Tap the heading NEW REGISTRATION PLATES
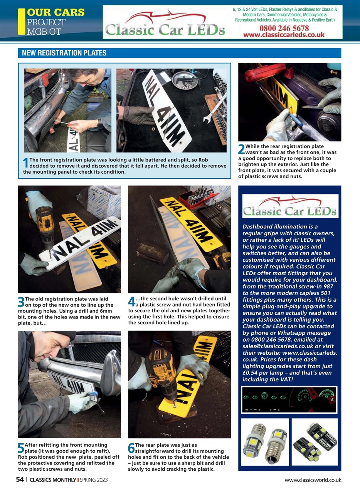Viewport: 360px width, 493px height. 64,53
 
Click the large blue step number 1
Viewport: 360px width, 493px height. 26,163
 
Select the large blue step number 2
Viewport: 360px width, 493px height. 241,149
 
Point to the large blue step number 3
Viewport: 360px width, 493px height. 21,302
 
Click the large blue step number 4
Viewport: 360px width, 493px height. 131,302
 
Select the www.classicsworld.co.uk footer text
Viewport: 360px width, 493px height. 313,480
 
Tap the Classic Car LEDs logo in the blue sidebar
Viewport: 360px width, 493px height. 290,207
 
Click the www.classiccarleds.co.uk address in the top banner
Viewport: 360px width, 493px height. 284,35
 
